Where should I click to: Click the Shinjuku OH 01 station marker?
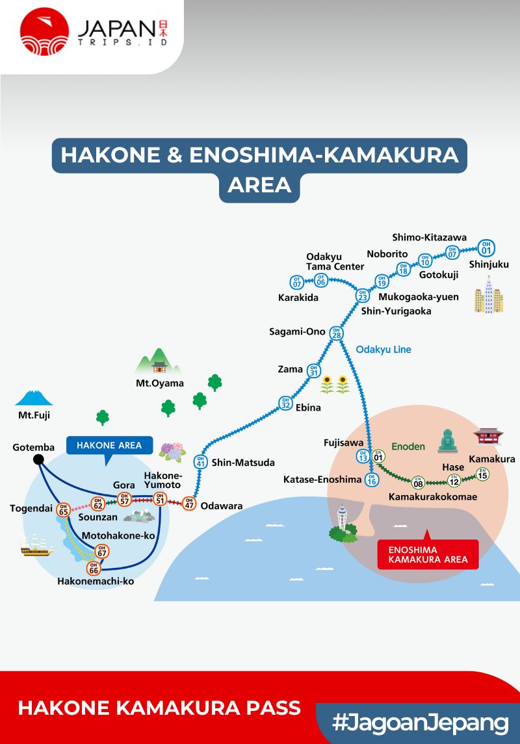[x=486, y=248]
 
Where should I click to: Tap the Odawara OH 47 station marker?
[x=190, y=503]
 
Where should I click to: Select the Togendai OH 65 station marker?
[x=63, y=509]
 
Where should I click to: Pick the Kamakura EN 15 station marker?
[x=482, y=474]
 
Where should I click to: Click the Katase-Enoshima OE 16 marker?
[x=371, y=480]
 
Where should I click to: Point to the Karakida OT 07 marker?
[x=297, y=282]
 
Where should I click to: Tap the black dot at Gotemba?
[x=38, y=460]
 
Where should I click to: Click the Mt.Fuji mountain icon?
[x=34, y=397]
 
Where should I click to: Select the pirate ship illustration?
[x=36, y=546]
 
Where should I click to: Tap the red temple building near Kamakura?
[x=487, y=436]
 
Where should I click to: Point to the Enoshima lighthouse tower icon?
[x=343, y=523]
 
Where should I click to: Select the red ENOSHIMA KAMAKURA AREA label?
[x=428, y=554]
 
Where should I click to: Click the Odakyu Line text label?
[x=383, y=350]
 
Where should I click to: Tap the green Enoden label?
[x=408, y=446]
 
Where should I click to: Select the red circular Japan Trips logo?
[x=44, y=31]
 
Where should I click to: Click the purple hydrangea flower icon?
[x=171, y=450]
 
